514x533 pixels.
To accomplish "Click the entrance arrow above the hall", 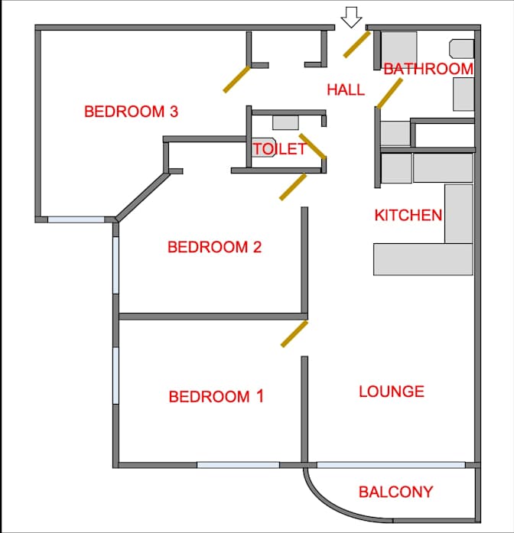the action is [351, 17].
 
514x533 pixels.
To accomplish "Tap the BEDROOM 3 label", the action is [132, 112].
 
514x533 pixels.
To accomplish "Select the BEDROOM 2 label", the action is [214, 247].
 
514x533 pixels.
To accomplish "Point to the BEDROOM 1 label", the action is [216, 397].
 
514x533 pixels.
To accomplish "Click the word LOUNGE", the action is [392, 392].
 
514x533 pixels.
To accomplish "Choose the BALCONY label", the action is [396, 492].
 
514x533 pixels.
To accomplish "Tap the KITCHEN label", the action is [408, 215].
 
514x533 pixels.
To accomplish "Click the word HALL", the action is [346, 89].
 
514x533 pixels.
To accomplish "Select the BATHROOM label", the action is [428, 69].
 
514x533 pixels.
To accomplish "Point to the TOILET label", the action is [279, 149].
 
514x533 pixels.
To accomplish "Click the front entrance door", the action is [356, 44].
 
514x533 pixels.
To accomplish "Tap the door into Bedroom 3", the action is [236, 80].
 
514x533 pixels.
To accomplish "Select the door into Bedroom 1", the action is [294, 334].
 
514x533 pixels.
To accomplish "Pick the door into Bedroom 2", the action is [293, 187].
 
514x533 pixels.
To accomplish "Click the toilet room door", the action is [313, 146].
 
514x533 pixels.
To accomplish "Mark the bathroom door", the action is [389, 93].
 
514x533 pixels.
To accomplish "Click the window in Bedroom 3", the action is [76, 220].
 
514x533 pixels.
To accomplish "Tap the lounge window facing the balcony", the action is [391, 465].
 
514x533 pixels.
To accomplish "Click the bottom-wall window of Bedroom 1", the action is [239, 465].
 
